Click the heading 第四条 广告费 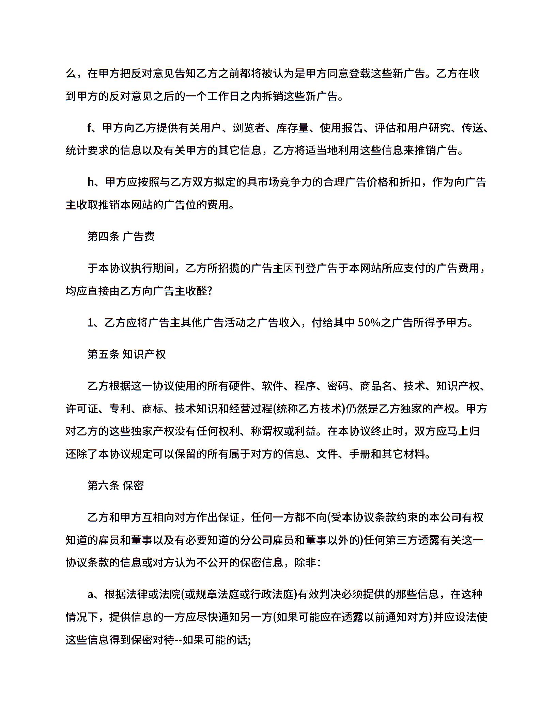pos(121,236)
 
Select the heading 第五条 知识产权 pos(126,354)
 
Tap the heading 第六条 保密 pos(115,486)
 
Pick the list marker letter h pos(91,182)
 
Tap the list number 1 pos(90,323)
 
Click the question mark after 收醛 pos(210,291)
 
